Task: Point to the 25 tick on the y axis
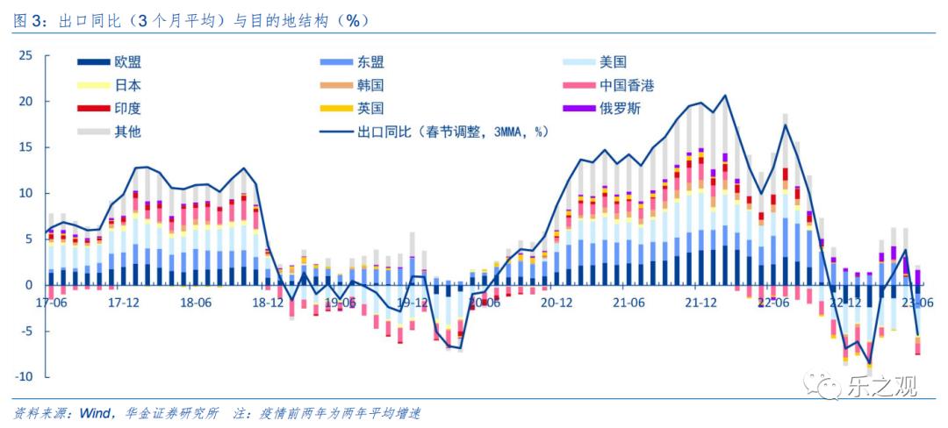pos(25,55)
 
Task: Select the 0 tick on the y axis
pos(29,284)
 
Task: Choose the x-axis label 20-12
pos(557,303)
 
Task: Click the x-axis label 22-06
pos(772,303)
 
